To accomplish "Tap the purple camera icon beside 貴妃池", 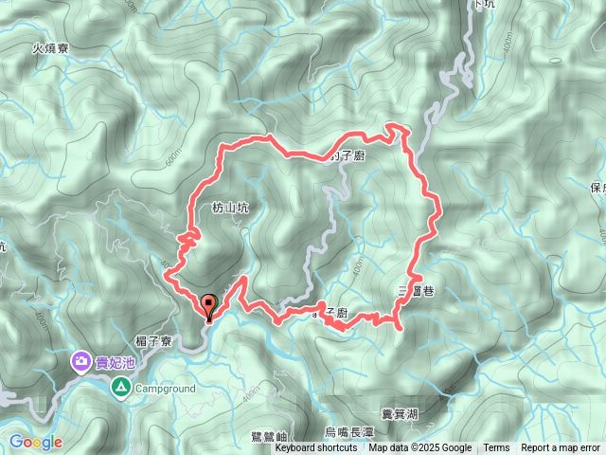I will coord(82,361).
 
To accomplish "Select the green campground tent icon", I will coord(120,387).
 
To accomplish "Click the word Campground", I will coord(164,389).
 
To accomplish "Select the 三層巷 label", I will coord(416,291).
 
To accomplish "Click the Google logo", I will coord(35,442).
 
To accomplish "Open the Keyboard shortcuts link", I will coord(316,448).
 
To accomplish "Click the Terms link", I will coord(496,448).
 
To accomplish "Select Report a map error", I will coord(560,448).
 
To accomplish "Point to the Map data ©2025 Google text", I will coord(420,448).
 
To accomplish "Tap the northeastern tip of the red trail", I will coord(402,126).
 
